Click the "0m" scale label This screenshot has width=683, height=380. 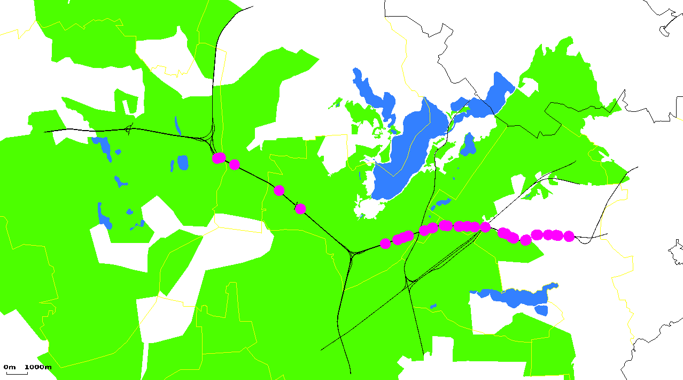[x=10, y=367]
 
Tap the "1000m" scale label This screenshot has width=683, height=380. [x=38, y=367]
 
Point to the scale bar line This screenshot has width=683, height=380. [x=17, y=373]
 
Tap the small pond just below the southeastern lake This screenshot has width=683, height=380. [x=541, y=310]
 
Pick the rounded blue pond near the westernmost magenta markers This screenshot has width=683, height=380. [x=183, y=162]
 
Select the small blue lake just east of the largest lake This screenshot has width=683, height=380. [x=469, y=145]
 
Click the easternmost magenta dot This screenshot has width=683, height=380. [x=569, y=236]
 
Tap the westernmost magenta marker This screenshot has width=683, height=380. [x=218, y=158]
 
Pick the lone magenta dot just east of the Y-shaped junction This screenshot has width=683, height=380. [x=385, y=244]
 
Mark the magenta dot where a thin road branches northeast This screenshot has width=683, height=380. [x=485, y=227]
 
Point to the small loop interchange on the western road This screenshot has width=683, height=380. [x=128, y=129]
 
